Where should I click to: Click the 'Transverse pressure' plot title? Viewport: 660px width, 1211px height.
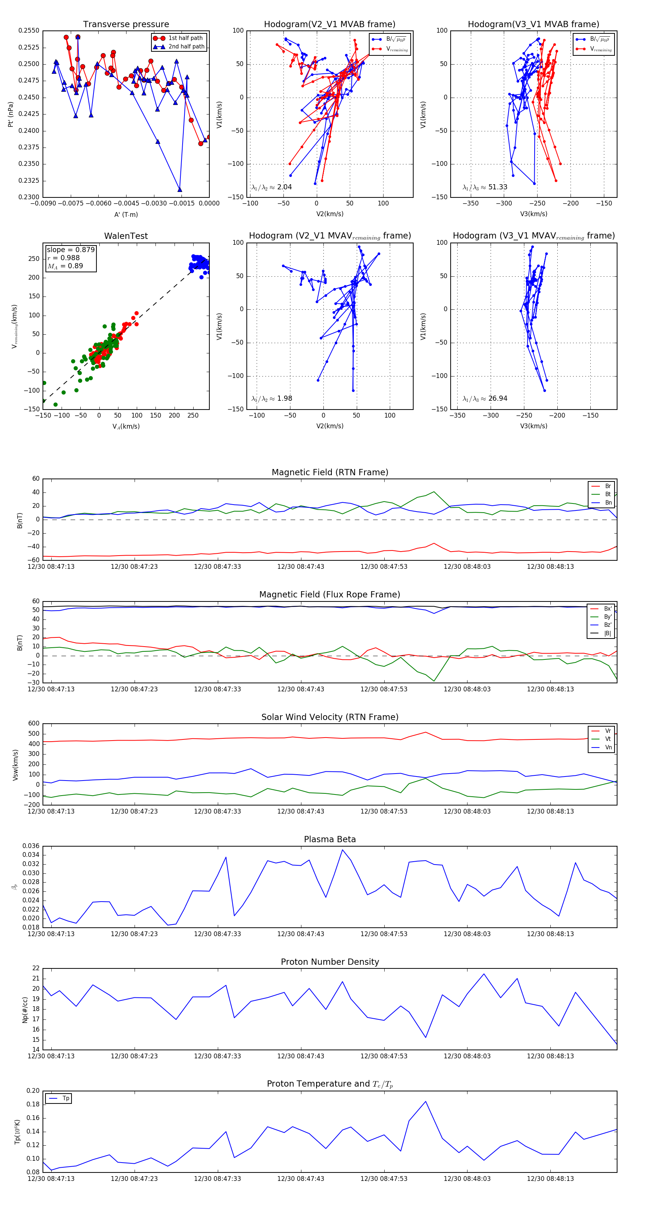[126, 25]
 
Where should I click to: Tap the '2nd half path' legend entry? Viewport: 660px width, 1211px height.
[186, 47]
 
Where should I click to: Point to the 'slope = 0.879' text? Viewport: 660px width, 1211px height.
[70, 250]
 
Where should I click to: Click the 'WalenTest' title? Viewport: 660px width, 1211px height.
[126, 236]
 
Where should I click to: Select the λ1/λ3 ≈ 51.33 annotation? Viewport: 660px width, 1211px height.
[485, 187]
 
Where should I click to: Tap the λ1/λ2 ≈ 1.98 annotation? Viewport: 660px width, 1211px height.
[271, 399]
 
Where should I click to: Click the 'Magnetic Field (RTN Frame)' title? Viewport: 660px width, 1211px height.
[330, 472]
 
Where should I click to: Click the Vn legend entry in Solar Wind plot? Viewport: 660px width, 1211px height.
[608, 748]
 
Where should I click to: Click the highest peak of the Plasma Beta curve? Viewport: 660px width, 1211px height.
[342, 850]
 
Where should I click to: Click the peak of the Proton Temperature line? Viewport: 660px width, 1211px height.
[426, 1102]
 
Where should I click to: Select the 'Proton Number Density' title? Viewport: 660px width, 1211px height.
[330, 962]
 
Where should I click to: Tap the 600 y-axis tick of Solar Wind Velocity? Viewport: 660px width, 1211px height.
[34, 724]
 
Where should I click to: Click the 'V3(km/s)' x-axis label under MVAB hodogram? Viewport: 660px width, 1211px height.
[533, 214]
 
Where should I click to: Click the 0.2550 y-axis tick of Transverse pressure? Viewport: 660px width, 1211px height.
[29, 31]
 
